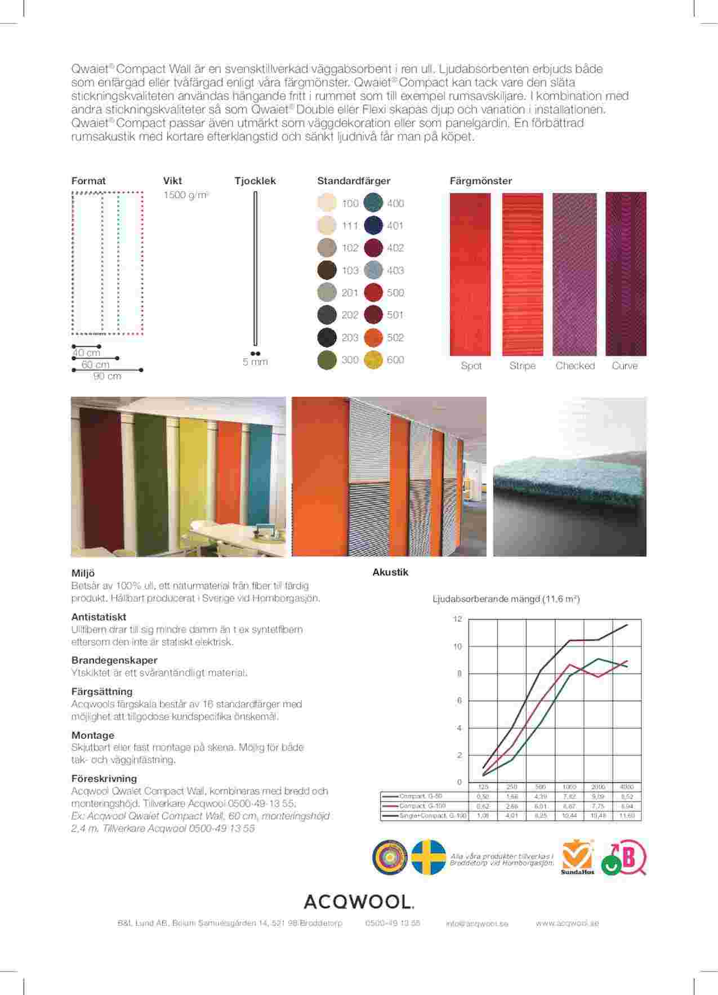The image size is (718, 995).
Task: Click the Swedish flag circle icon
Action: coord(429,857)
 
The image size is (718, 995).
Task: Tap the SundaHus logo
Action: coord(576,858)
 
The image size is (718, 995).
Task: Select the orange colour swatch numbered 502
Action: coord(373,337)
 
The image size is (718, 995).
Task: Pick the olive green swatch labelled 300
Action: coord(327,359)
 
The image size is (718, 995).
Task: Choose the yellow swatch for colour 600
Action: coord(373,359)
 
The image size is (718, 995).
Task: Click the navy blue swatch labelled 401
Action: coord(373,225)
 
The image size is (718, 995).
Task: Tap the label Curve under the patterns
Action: coord(625,365)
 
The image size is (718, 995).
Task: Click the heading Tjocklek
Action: coord(255,181)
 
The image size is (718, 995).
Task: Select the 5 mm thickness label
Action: coord(255,362)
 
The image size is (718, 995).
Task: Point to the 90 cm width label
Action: coord(107,376)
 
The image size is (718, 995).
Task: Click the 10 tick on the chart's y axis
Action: coord(458,646)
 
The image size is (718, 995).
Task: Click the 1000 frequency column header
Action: coord(569,787)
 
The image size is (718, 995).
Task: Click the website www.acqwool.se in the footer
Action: coord(567,923)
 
